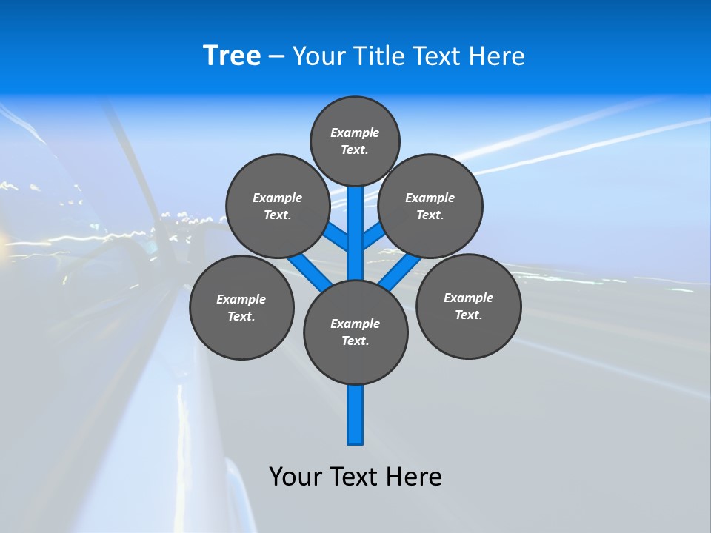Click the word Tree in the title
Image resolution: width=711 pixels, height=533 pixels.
tap(232, 56)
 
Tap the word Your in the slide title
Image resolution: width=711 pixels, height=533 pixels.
tap(318, 56)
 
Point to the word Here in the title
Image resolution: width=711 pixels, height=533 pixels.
tap(497, 56)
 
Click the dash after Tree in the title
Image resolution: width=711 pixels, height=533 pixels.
tap(276, 57)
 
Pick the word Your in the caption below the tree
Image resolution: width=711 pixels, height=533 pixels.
tap(296, 476)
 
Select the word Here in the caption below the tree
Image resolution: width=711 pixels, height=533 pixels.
tap(414, 476)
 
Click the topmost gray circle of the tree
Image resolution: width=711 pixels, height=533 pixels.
tap(355, 141)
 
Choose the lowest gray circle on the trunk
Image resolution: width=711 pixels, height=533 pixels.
tap(355, 332)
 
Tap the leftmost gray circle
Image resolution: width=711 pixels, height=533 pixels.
tap(241, 307)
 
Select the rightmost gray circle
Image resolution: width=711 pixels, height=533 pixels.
tap(468, 306)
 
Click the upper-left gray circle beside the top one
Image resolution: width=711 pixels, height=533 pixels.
tap(277, 206)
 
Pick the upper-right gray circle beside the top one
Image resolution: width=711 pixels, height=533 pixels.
tap(430, 206)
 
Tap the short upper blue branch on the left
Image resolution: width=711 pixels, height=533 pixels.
tap(338, 238)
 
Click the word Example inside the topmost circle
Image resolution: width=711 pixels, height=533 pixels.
tap(355, 133)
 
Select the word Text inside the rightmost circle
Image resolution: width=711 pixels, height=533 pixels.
tap(468, 315)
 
